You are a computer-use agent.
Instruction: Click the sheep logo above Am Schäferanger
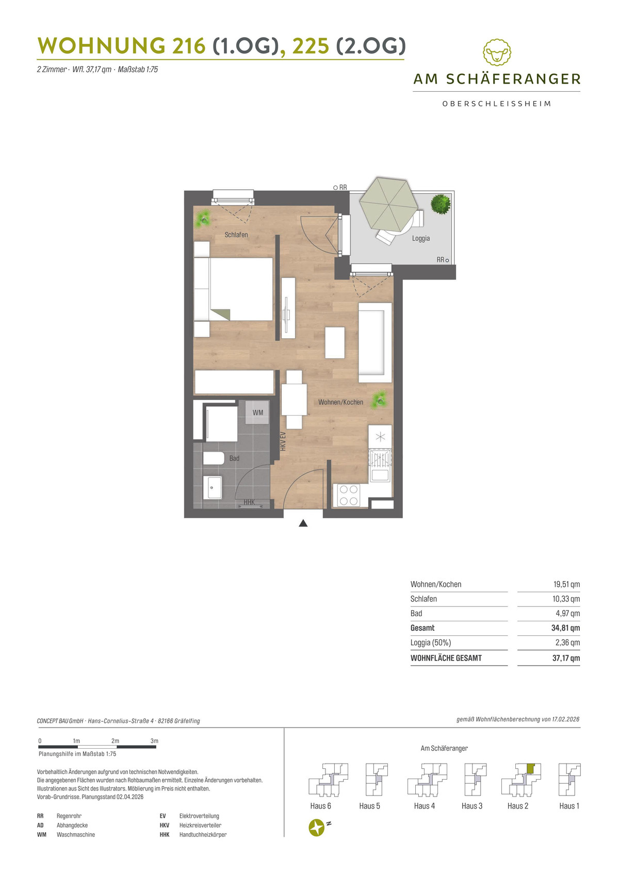click(497, 52)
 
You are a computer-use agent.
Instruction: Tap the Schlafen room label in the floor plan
click(236, 235)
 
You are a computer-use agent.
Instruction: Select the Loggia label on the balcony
click(421, 238)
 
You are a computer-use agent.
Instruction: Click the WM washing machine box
click(257, 412)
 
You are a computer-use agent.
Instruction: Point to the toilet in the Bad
click(214, 458)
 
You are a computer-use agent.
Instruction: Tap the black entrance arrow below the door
click(303, 523)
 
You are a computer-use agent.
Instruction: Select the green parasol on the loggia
click(388, 204)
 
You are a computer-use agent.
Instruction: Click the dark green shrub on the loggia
click(441, 204)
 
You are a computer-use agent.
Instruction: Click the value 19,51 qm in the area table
click(566, 584)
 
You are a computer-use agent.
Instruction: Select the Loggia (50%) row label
click(431, 642)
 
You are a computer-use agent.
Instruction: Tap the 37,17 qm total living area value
click(566, 658)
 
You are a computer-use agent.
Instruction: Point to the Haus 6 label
click(320, 806)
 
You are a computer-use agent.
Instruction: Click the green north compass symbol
click(317, 828)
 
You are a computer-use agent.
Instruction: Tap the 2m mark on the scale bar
click(115, 740)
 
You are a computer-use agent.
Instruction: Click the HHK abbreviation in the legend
click(165, 834)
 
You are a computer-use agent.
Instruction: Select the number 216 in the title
click(189, 46)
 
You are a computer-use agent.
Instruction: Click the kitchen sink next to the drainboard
click(380, 475)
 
